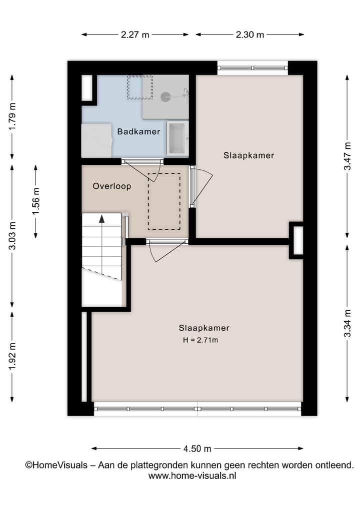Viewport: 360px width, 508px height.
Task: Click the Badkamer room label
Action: (138, 132)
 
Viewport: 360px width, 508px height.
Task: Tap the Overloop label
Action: (112, 186)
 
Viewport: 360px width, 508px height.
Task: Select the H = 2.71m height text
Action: (201, 340)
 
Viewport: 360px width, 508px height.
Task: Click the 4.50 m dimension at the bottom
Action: (197, 448)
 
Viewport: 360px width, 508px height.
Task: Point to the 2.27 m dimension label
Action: (135, 34)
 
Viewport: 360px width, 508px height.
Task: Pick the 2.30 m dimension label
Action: (249, 34)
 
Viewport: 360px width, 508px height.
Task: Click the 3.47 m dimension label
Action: (347, 156)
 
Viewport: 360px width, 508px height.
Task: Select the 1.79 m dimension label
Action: (12, 116)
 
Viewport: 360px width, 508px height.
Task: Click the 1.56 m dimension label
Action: (35, 201)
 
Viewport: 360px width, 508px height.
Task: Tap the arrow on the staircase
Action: (102, 218)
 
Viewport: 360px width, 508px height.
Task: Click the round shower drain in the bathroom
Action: (165, 97)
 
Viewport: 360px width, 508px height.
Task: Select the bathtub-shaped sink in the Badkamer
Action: (177, 138)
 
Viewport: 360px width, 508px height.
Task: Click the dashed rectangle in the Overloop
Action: (164, 201)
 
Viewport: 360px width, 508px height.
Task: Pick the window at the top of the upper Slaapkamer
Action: (252, 67)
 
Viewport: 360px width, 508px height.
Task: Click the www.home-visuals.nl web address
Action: (192, 476)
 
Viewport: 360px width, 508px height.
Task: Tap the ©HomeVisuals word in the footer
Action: (55, 465)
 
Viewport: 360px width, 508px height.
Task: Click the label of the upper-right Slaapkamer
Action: (248, 155)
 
